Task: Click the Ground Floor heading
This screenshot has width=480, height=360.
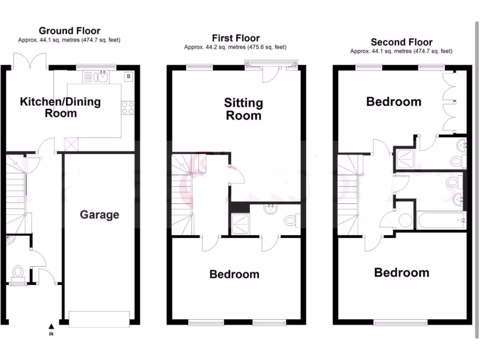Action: point(69,31)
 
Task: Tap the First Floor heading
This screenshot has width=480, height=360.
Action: point(235,38)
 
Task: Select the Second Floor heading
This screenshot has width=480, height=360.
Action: point(401,42)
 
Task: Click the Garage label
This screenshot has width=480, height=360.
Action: point(99,215)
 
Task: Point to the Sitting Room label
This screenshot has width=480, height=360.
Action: point(243,109)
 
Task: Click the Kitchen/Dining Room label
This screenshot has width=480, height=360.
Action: point(60,107)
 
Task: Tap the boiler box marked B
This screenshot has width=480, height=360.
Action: point(128,76)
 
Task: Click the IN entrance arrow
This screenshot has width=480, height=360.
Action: point(52,327)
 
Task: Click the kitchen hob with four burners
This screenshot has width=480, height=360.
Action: point(128,108)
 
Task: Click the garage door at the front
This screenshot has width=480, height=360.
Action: point(99,319)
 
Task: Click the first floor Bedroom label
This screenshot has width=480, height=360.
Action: point(234,274)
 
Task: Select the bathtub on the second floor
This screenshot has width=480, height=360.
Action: point(441,219)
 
